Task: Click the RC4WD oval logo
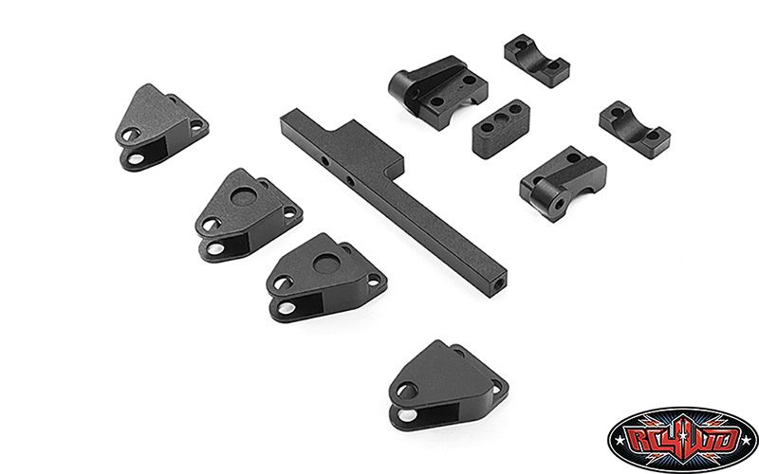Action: coord(682,439)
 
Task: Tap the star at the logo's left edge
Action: coord(620,440)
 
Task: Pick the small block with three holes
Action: coord(501,128)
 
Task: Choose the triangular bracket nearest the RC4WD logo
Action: coord(448,386)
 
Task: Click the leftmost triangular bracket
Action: coord(161,127)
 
